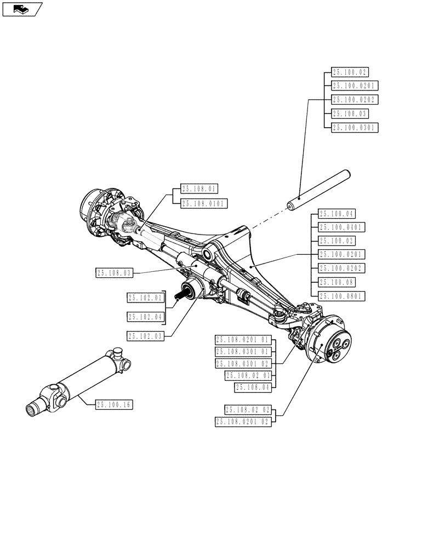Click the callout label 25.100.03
[350, 113]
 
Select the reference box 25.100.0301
[355, 127]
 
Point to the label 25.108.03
[115, 272]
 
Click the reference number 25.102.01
[146, 298]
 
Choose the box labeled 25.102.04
[146, 317]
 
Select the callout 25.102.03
[146, 336]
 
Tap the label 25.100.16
[115, 404]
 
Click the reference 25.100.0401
[341, 227]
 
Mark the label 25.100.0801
[341, 296]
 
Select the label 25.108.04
[253, 387]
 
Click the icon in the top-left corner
[21, 9]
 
